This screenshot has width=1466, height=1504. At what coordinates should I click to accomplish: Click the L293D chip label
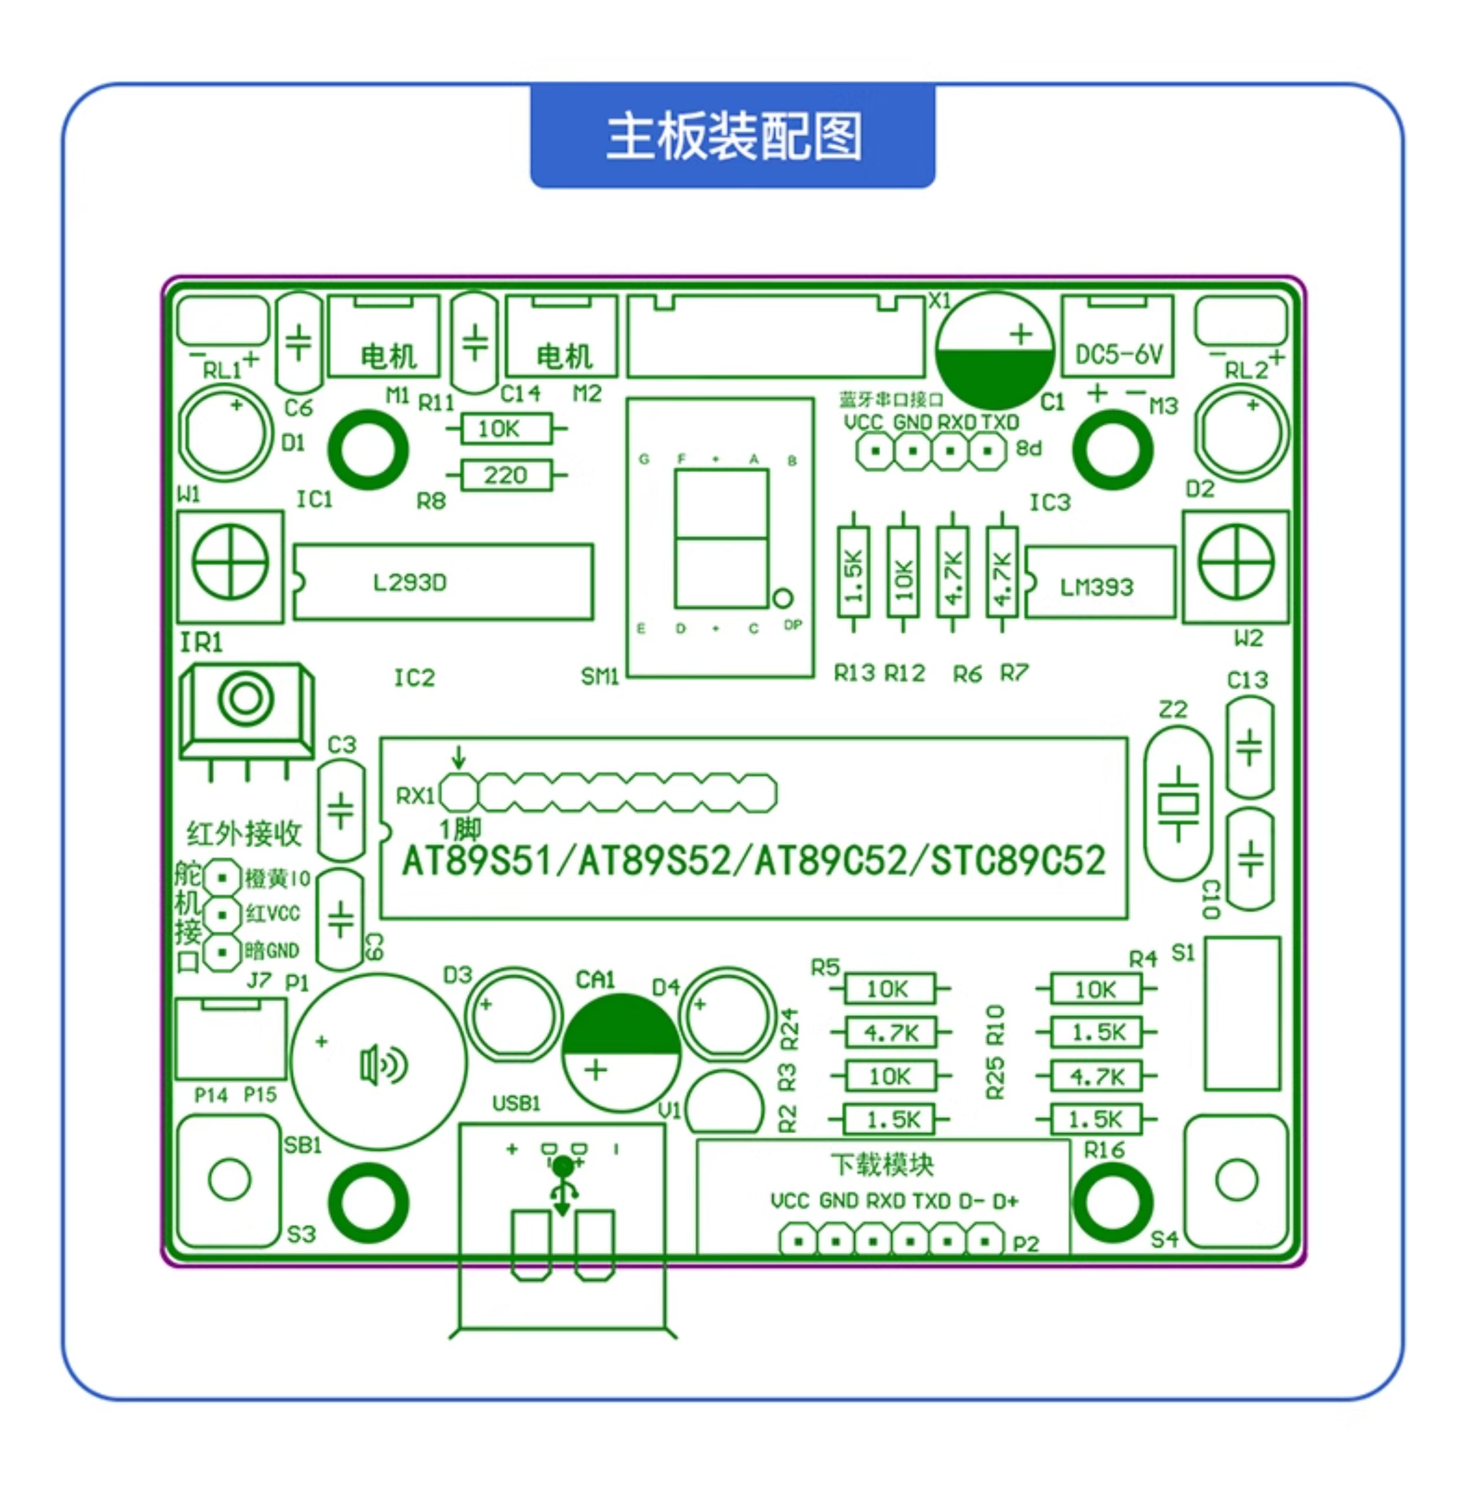410,582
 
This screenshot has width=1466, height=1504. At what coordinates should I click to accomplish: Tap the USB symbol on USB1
563,1186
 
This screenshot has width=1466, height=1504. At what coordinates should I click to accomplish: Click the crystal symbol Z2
1178,804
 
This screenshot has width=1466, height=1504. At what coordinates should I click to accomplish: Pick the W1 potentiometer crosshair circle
229,562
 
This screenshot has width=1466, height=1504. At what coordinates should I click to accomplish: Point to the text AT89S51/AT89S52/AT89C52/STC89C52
753,861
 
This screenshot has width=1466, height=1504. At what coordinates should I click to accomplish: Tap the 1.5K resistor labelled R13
853,572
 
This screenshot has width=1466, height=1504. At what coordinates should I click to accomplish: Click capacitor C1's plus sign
1021,334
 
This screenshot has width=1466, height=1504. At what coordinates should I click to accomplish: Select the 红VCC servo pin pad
222,914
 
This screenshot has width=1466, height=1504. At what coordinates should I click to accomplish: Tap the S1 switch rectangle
1241,1013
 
